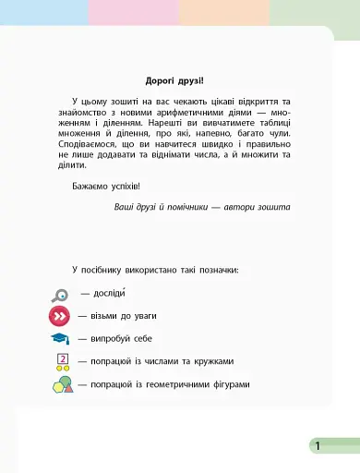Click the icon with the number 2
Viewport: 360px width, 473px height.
point(62,361)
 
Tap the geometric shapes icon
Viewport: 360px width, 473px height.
point(61,382)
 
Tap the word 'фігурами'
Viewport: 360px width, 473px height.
point(229,383)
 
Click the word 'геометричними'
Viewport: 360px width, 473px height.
point(168,383)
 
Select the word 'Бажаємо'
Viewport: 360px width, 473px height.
point(90,187)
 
